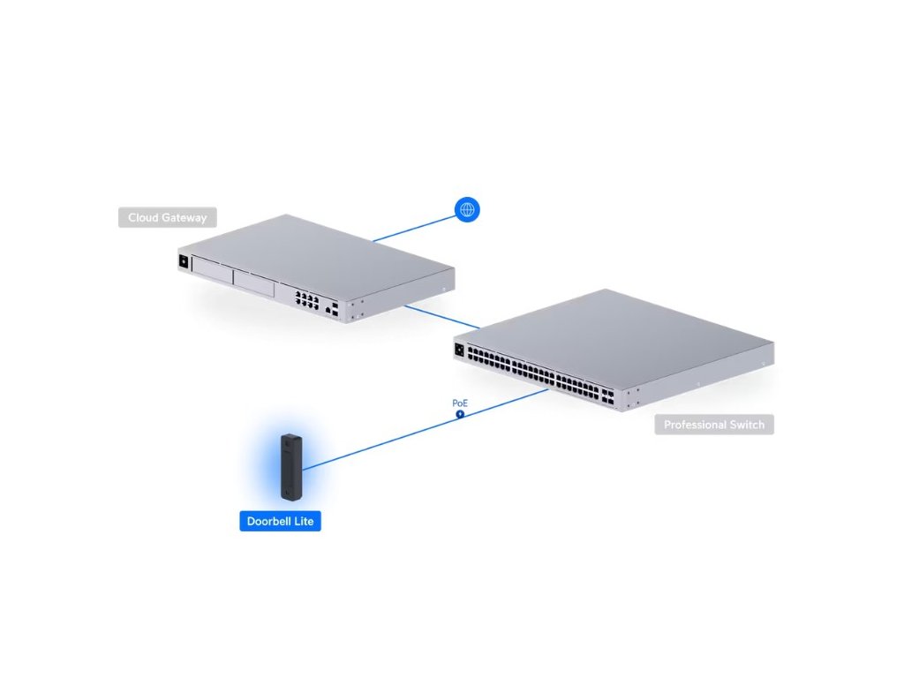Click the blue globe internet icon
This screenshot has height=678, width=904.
(467, 209)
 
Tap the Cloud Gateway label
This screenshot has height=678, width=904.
(167, 217)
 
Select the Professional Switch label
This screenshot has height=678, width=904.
(714, 425)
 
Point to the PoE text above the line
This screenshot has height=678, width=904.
(459, 403)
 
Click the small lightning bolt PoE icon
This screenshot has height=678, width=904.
(460, 413)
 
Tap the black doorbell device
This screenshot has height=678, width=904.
(292, 465)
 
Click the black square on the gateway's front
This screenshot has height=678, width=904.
(184, 260)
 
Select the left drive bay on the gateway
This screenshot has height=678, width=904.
(212, 269)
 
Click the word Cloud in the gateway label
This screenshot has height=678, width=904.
(144, 217)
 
